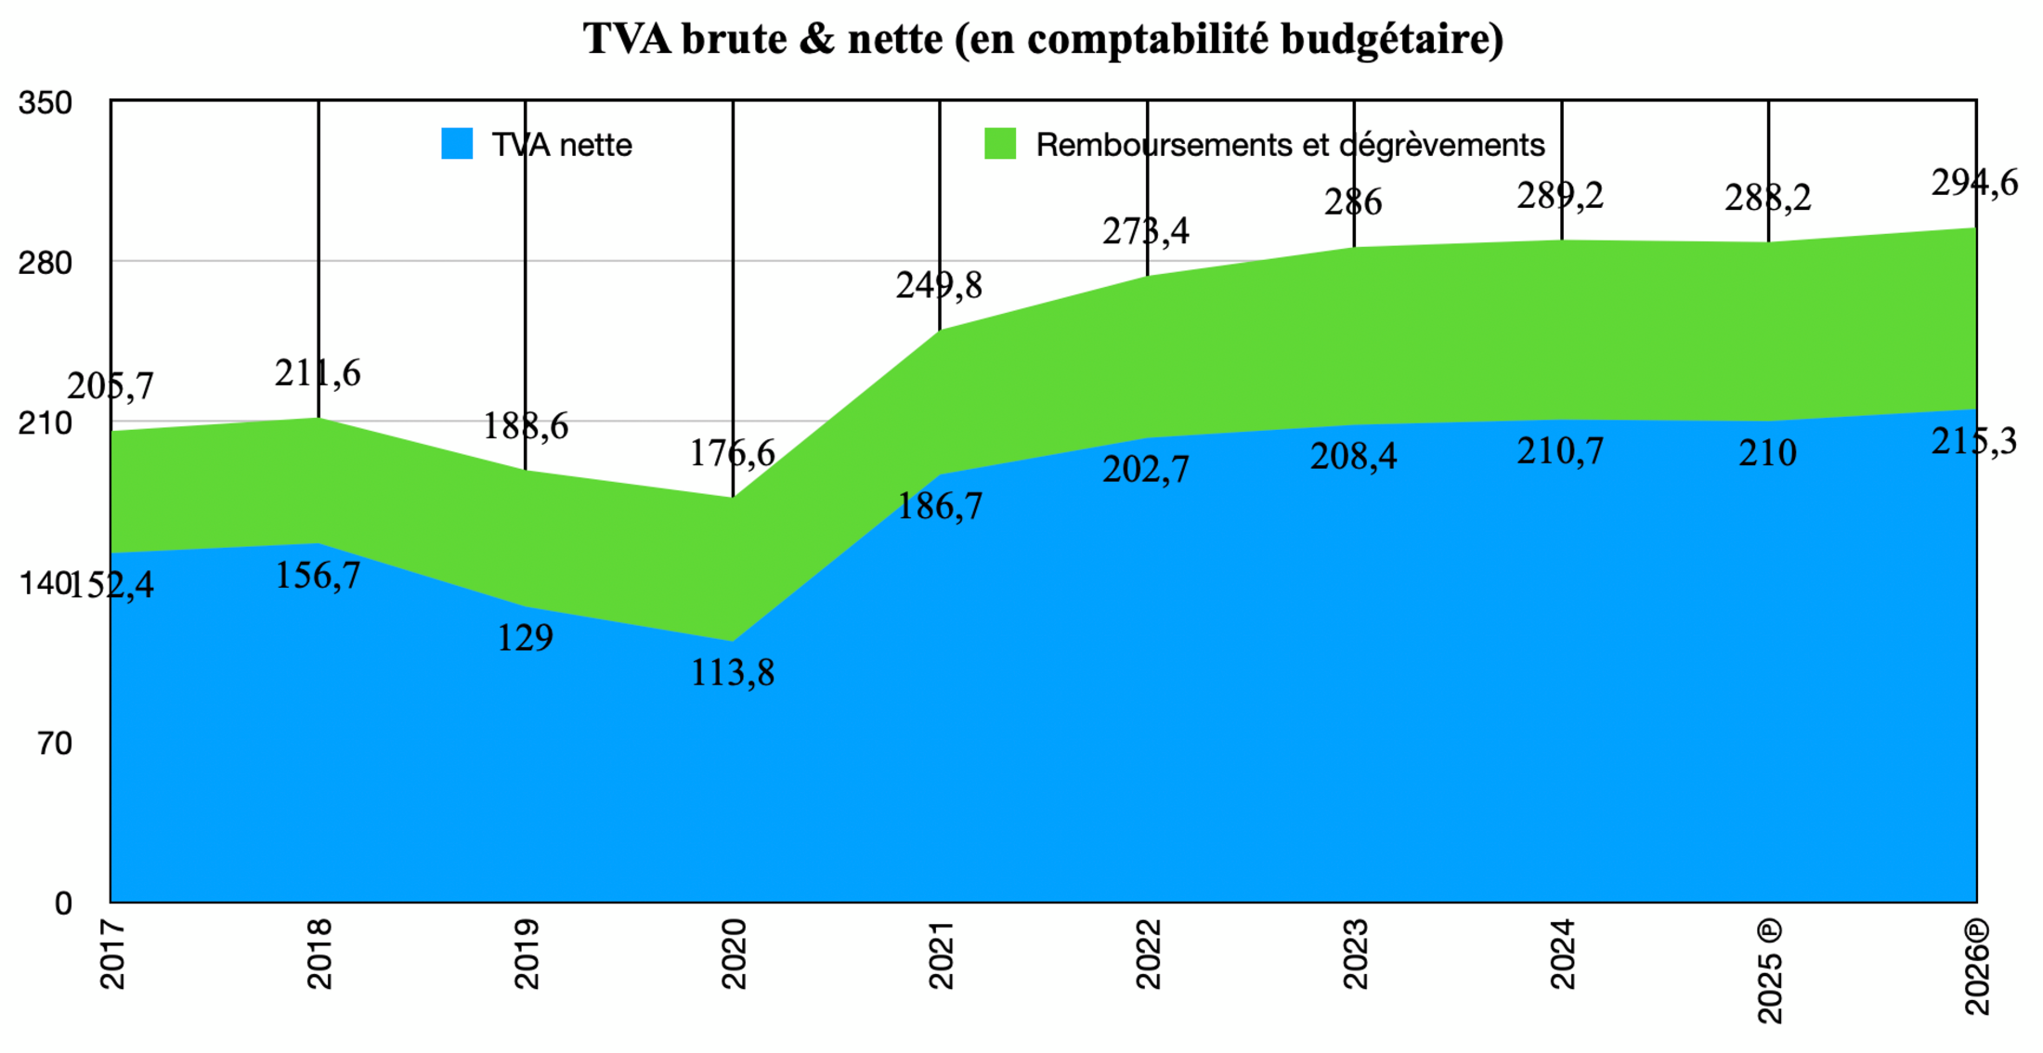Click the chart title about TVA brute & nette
pos(1043,39)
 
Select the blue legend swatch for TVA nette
pos(457,144)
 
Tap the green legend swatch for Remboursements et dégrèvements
pos(999,144)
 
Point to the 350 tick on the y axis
pos(45,103)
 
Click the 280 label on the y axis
pos(45,264)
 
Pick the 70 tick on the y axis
pos(55,744)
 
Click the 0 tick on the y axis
pos(62,903)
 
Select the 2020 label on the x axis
pos(734,954)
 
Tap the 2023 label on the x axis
pos(1355,954)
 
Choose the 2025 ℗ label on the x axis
pos(1770,971)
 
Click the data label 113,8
pos(732,673)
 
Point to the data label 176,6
pos(732,453)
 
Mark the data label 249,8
pos(939,285)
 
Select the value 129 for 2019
pos(525,638)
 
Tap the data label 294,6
pos(1974,183)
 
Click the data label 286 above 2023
pos(1353,202)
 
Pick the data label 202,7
pos(1145,470)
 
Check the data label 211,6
pos(318,373)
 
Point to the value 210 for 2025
pos(1767,453)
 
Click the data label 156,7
pos(318,577)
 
